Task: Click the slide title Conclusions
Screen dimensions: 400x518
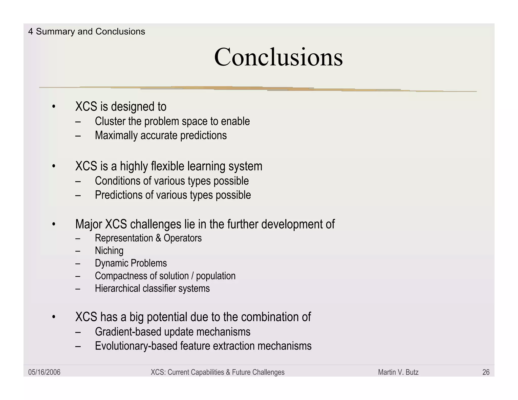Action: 278,57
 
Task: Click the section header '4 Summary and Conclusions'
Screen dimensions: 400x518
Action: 87,32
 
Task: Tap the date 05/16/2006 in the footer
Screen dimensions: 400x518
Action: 44,372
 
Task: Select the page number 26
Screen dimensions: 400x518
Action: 486,372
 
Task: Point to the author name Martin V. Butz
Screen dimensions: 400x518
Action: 398,372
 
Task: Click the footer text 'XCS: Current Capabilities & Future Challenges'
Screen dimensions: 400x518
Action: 218,372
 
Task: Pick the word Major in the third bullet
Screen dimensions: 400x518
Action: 89,224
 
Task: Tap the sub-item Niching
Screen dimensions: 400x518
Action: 109,251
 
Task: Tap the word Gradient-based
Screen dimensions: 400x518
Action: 128,332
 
